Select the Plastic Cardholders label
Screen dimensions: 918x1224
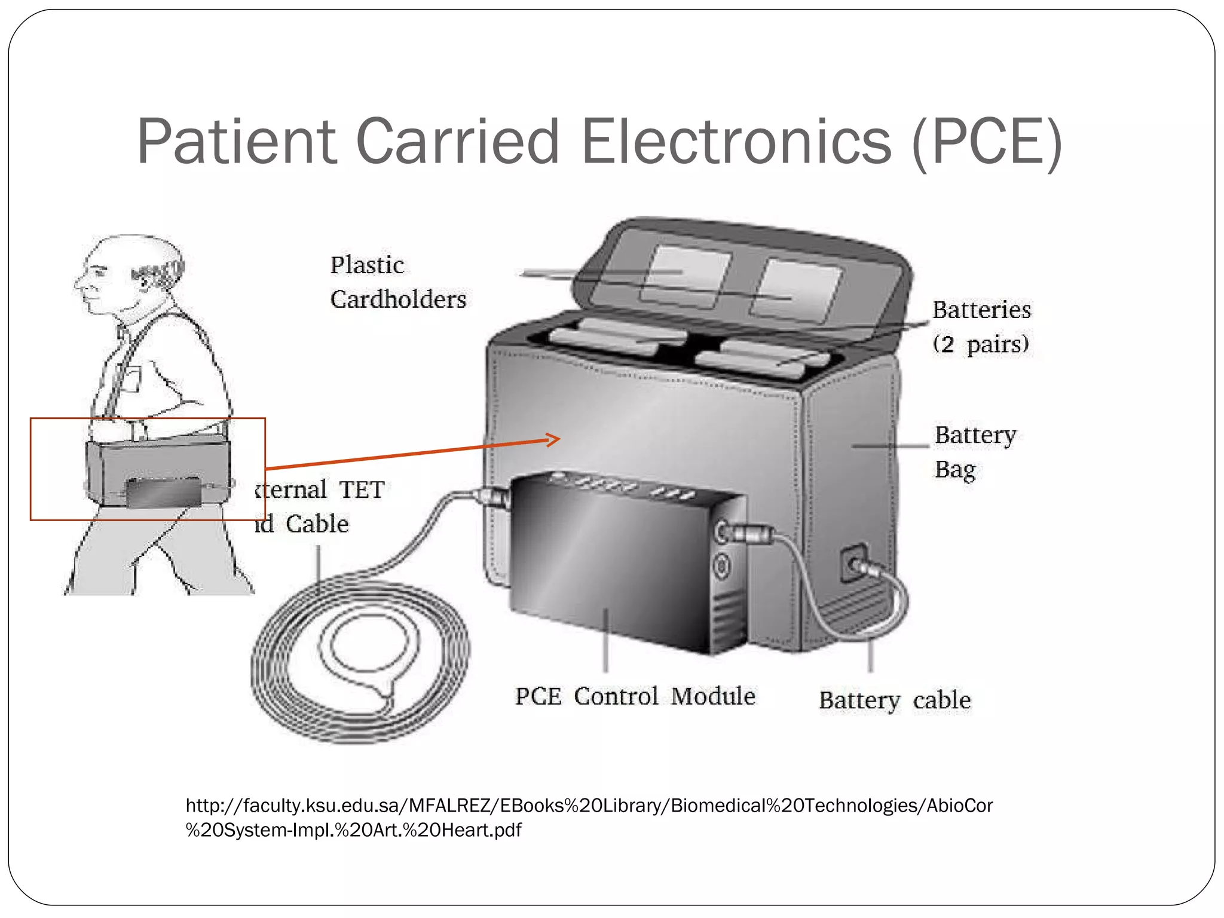click(x=397, y=281)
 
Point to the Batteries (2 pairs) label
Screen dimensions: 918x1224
click(x=981, y=326)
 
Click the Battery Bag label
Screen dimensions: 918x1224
click(x=974, y=451)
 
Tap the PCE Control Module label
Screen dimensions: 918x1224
click(x=635, y=696)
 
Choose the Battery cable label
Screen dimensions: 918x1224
click(x=894, y=700)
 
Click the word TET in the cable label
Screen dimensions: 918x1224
click(x=361, y=489)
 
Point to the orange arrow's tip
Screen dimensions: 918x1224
click(x=558, y=439)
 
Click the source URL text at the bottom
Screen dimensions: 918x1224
click(x=589, y=817)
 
